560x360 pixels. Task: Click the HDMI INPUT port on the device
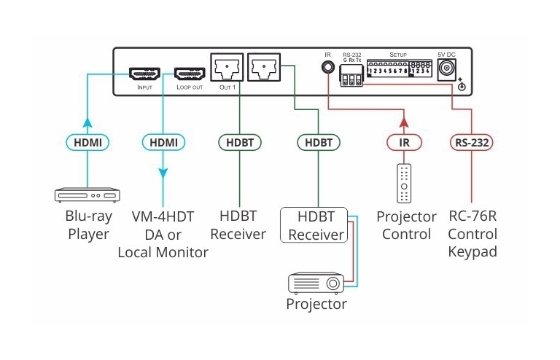(x=144, y=74)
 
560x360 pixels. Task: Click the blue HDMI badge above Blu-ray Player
(x=86, y=142)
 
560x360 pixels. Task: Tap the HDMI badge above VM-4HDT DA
(x=163, y=142)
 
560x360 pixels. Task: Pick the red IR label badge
(x=403, y=142)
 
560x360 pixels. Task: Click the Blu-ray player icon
(x=86, y=195)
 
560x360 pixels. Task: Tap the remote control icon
(x=403, y=183)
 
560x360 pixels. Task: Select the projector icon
(x=315, y=282)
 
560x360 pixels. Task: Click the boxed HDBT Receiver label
(x=316, y=225)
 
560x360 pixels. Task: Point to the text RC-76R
(x=472, y=217)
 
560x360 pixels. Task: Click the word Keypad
(x=472, y=252)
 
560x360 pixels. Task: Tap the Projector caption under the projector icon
(x=316, y=303)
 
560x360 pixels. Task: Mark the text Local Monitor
(x=163, y=253)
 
